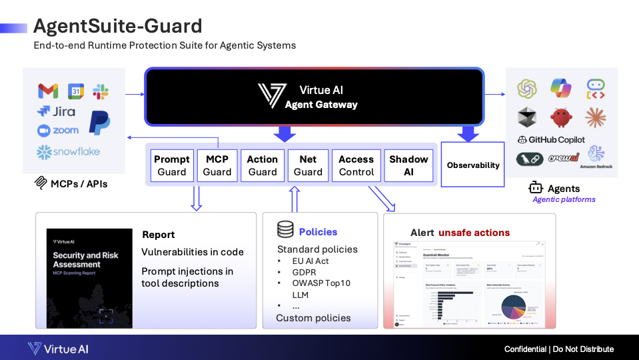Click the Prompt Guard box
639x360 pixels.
(172, 165)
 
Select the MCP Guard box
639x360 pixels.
(217, 165)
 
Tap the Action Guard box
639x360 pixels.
(263, 165)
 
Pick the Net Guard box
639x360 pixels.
(308, 165)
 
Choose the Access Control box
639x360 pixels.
(356, 165)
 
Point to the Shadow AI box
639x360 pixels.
(408, 165)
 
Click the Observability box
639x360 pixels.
(473, 165)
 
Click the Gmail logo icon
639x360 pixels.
(48, 91)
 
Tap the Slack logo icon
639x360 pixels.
(100, 91)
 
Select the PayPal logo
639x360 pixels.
(100, 123)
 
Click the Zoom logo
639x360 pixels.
(58, 131)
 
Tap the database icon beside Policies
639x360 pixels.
(285, 231)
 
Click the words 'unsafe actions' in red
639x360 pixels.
(474, 233)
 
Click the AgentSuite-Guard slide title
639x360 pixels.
(118, 26)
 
